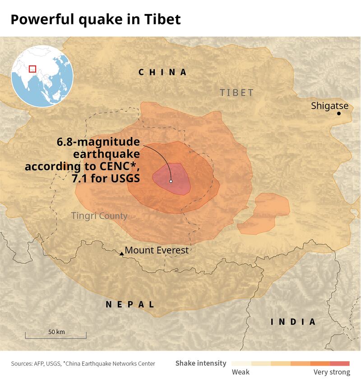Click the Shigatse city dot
(x=338, y=113)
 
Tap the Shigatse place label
(x=329, y=106)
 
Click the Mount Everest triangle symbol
(x=121, y=254)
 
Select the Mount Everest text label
(x=157, y=250)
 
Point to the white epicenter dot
(x=171, y=181)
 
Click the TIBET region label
(x=236, y=93)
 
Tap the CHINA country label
(x=162, y=72)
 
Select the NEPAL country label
(x=130, y=304)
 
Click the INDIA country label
(x=293, y=322)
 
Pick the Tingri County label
(x=99, y=216)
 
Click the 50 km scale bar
(x=56, y=335)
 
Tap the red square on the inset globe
(x=32, y=69)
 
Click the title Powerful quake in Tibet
(x=96, y=19)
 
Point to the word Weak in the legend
(x=241, y=372)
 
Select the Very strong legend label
(x=332, y=372)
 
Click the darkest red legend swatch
(x=340, y=363)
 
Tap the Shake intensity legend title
(x=201, y=363)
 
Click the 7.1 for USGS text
(x=106, y=179)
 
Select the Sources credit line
(x=83, y=363)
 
